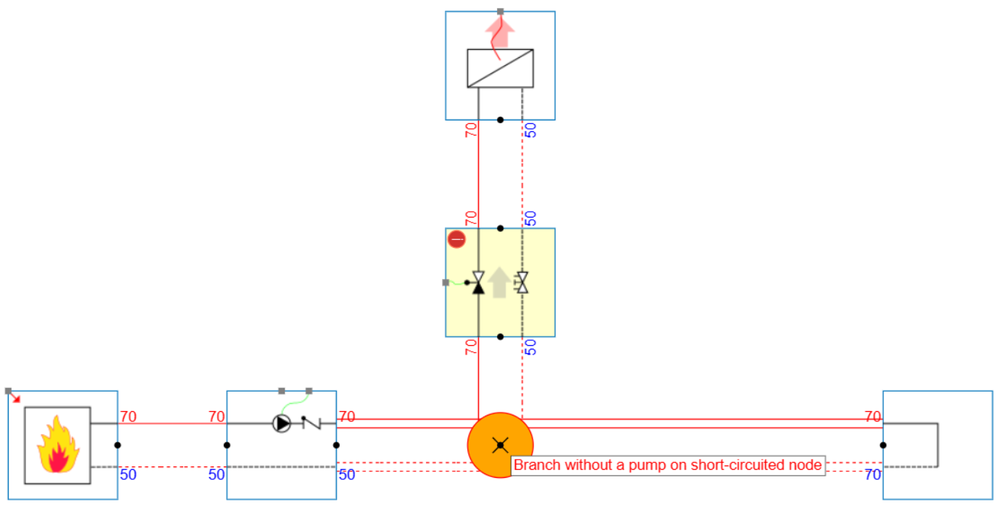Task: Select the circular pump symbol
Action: pyautogui.click(x=281, y=423)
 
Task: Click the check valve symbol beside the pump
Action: pyautogui.click(x=311, y=422)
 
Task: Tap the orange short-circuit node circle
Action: pyautogui.click(x=500, y=444)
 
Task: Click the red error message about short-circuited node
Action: pyautogui.click(x=667, y=465)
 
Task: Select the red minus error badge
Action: pyautogui.click(x=456, y=239)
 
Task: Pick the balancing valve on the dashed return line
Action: pyautogui.click(x=522, y=283)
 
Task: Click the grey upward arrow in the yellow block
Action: pyautogui.click(x=499, y=283)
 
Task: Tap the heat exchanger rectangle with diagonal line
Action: pyautogui.click(x=500, y=68)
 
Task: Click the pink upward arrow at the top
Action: pyautogui.click(x=499, y=33)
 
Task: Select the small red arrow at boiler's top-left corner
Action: pyautogui.click(x=17, y=398)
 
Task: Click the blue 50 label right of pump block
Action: pyautogui.click(x=347, y=475)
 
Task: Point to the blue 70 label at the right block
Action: pyautogui.click(x=872, y=475)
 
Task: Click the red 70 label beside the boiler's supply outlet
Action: pyautogui.click(x=128, y=417)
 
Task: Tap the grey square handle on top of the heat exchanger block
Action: pyautogui.click(x=500, y=12)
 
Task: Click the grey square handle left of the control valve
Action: pyautogui.click(x=446, y=283)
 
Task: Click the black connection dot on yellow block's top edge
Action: pyautogui.click(x=500, y=228)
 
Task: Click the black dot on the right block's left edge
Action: pyautogui.click(x=882, y=445)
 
